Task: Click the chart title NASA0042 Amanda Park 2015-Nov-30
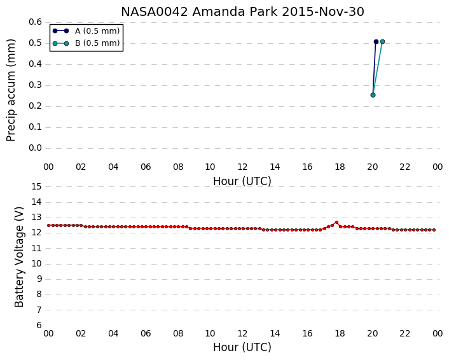tap(242, 12)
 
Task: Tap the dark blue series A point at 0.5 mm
tap(376, 42)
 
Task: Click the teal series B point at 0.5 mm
tap(382, 42)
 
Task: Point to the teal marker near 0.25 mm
tap(373, 95)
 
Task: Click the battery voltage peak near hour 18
tap(336, 222)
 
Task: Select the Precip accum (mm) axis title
tap(11, 90)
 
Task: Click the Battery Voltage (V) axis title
tap(19, 257)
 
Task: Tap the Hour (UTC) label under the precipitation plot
tap(242, 181)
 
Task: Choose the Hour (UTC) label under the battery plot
tap(242, 347)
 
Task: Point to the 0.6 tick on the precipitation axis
tap(35, 22)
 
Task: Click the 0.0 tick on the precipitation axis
tap(35, 148)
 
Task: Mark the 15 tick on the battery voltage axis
tap(36, 187)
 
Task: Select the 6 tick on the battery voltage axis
tap(39, 326)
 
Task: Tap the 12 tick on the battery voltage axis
tap(36, 233)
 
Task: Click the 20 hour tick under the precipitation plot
tap(373, 167)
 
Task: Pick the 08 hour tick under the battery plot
tap(178, 333)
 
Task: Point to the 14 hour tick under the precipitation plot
tap(275, 167)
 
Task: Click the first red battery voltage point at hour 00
tap(49, 225)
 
